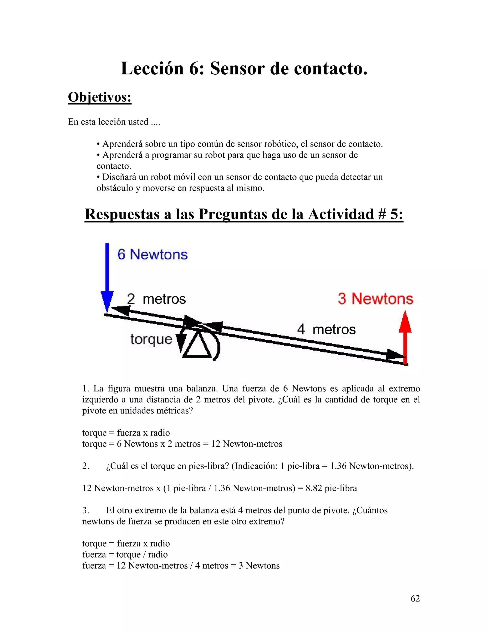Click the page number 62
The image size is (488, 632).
click(415, 598)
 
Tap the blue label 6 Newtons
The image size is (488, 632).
click(152, 255)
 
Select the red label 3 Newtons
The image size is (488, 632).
click(375, 299)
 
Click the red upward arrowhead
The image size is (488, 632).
click(405, 322)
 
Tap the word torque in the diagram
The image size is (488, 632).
click(151, 339)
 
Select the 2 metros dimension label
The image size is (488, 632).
click(156, 299)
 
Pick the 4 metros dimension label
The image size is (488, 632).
click(326, 330)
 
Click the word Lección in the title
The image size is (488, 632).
click(152, 69)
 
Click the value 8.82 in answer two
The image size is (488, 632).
click(314, 488)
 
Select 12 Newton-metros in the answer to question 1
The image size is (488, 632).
click(247, 444)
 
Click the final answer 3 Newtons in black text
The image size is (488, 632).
click(259, 565)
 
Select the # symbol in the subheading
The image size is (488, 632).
click(382, 214)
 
